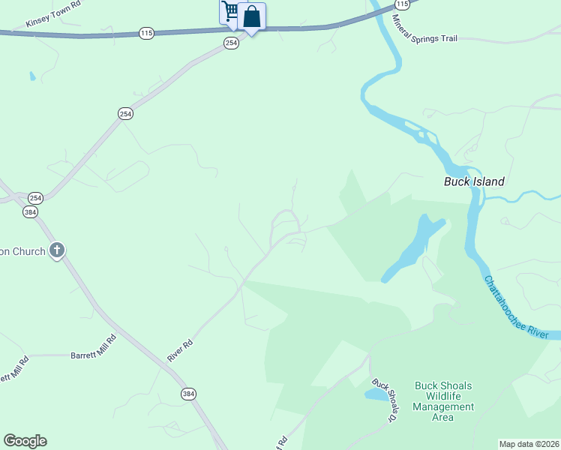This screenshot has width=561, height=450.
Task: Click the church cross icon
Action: [56, 250]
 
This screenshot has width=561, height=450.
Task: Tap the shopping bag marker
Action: [252, 16]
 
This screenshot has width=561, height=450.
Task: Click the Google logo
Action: [25, 441]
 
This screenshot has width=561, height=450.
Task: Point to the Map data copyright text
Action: [529, 444]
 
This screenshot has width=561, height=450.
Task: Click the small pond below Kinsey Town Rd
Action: [31, 76]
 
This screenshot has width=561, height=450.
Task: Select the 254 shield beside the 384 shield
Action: [35, 198]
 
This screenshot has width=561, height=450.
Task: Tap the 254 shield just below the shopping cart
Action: [231, 43]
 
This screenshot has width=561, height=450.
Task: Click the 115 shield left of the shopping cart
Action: [146, 33]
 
